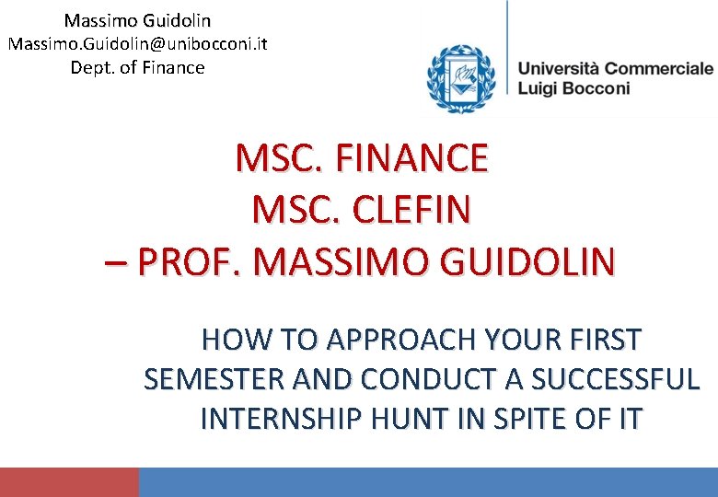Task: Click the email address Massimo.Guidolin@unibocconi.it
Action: (137, 43)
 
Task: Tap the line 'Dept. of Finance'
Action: (137, 67)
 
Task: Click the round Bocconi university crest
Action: (460, 79)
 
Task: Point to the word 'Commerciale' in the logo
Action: (659, 68)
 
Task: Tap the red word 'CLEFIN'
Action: (408, 210)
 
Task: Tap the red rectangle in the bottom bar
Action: (69, 482)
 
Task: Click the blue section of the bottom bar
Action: (428, 482)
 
